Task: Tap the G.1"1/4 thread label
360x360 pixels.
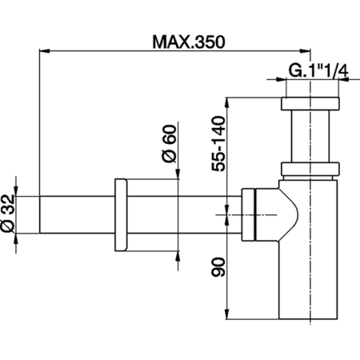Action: [x=318, y=72]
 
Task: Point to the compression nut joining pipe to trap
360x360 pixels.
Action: [x=250, y=214]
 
